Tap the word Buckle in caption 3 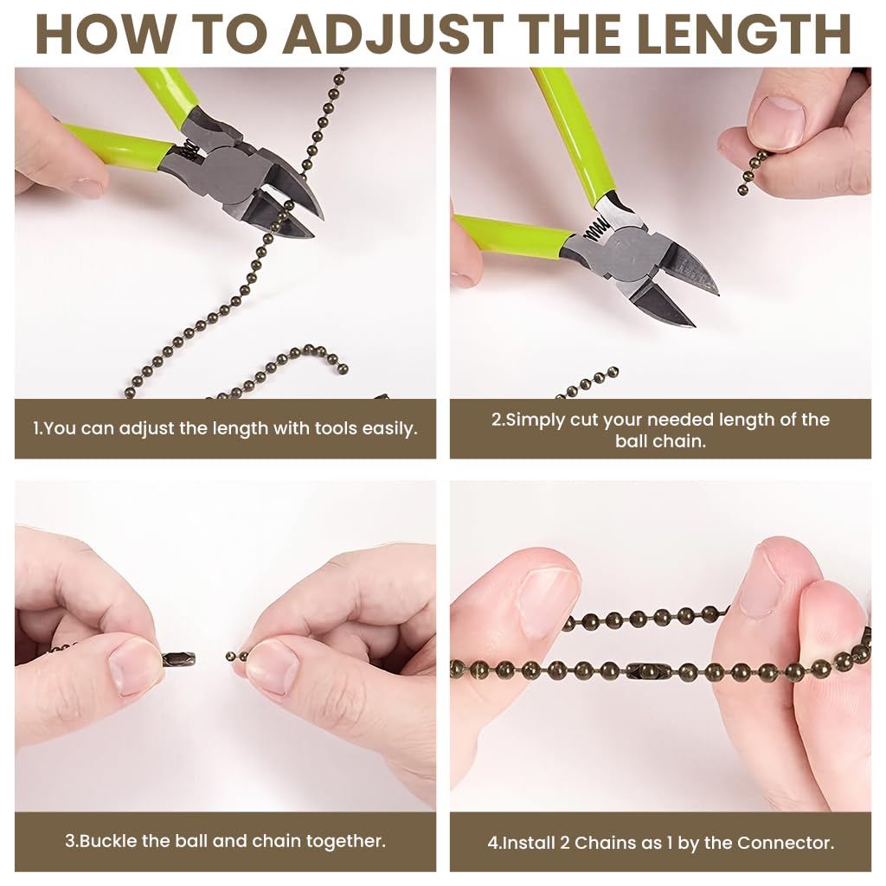[x=107, y=841]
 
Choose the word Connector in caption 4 [x=793, y=843]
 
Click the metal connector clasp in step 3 [x=178, y=658]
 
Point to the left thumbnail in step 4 [x=546, y=603]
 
